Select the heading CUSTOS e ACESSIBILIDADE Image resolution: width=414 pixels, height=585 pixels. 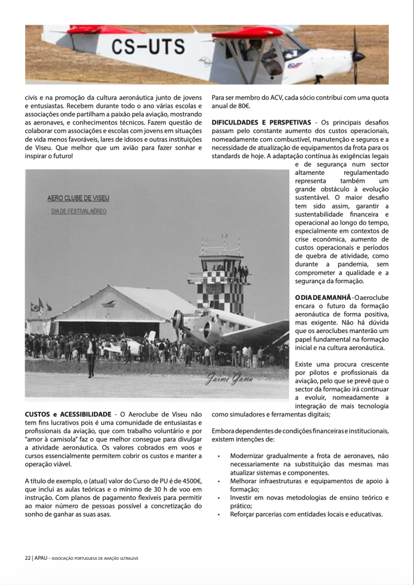point(68,414)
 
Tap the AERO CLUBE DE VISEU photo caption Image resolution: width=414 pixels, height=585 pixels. point(78,199)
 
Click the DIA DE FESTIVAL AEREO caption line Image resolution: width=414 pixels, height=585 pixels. point(79,211)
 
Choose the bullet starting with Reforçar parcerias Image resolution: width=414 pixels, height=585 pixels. point(305,514)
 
